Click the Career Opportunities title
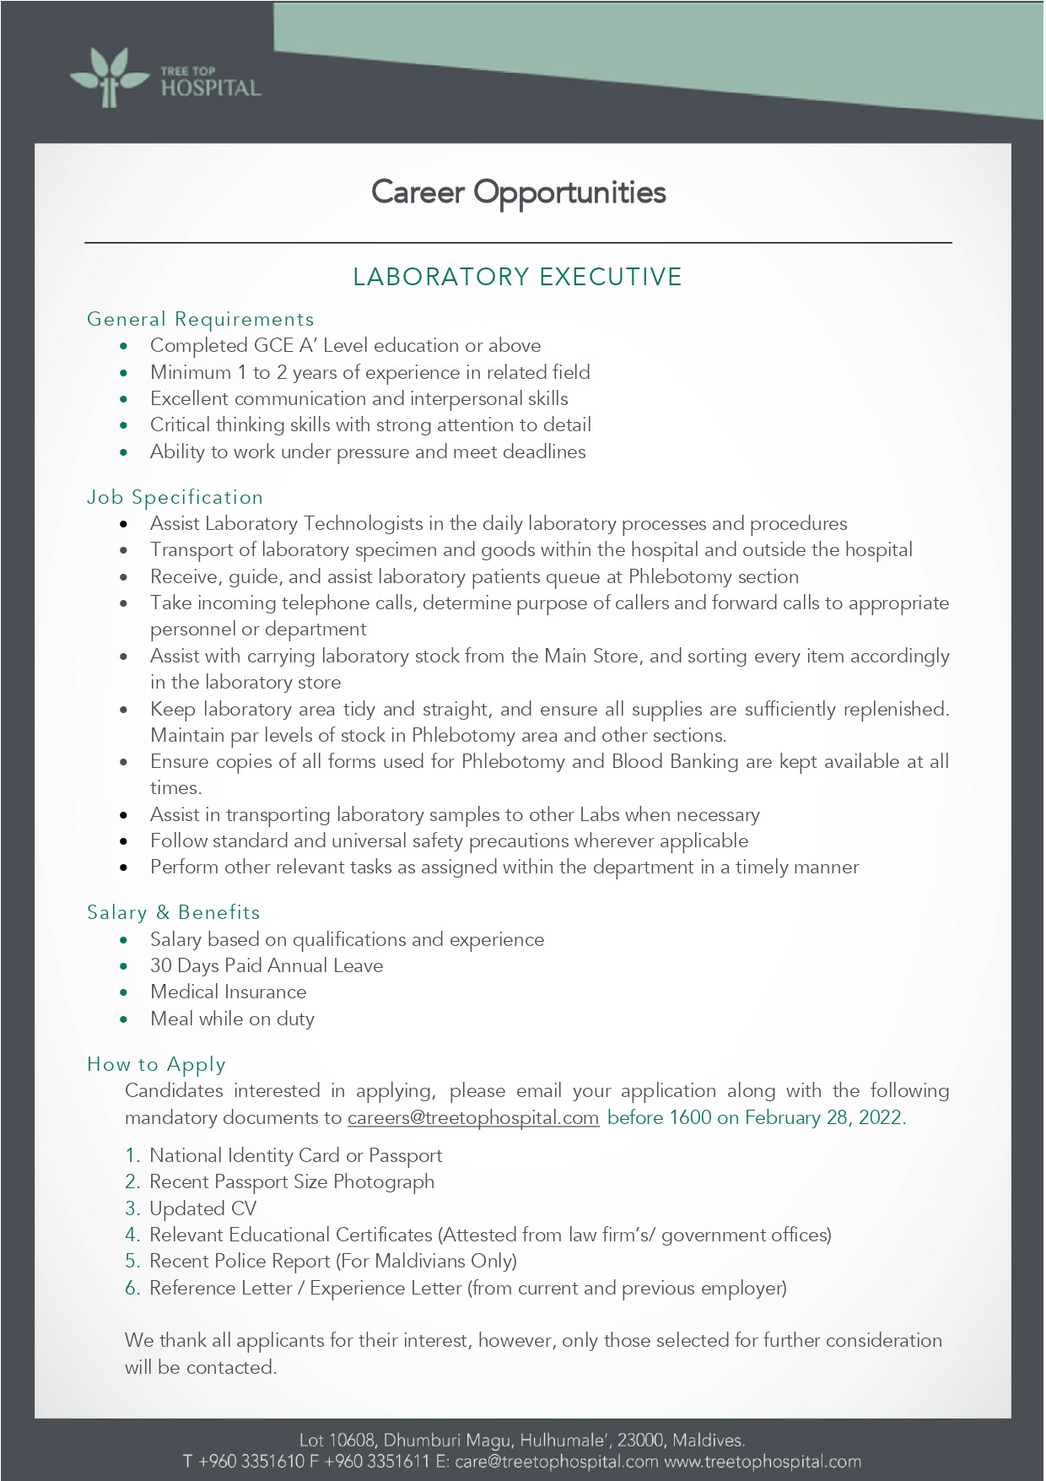pos(518,192)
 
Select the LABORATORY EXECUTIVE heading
pos(517,277)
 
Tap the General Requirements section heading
pos(200,319)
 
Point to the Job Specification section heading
pos(175,497)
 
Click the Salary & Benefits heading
pos(173,912)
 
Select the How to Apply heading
pos(156,1064)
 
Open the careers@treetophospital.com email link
pos(472,1117)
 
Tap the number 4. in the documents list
pos(132,1235)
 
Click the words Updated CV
pos(202,1208)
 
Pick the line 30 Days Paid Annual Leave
pos(266,965)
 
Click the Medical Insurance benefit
pos(228,992)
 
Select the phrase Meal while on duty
pos(232,1019)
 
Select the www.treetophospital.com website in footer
pos(763,1462)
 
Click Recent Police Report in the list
pos(240,1261)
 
